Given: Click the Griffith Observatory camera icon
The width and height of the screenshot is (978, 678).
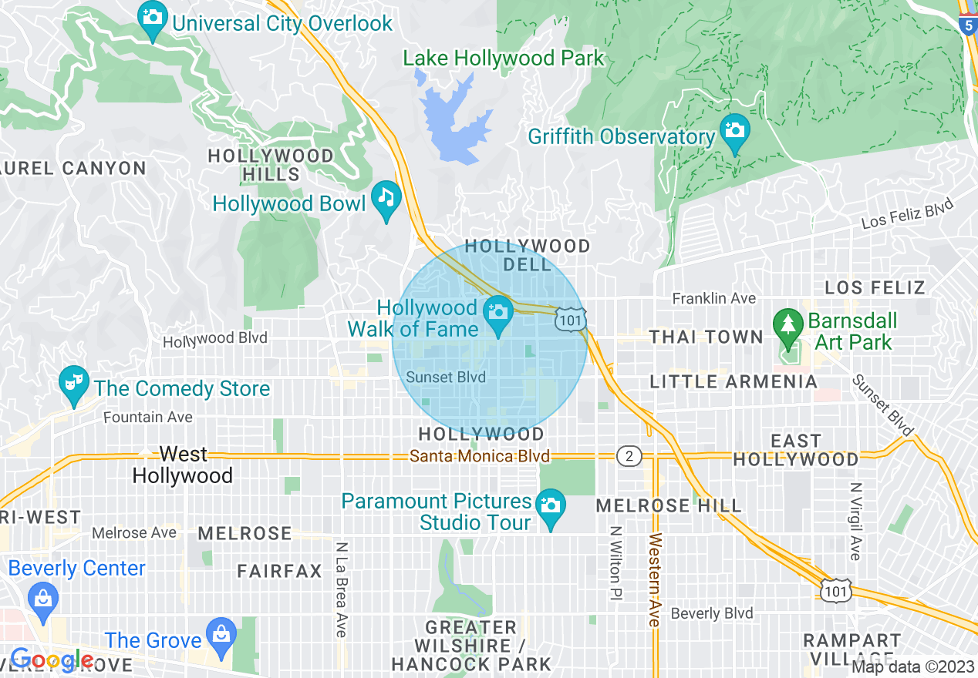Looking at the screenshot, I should pyautogui.click(x=734, y=129).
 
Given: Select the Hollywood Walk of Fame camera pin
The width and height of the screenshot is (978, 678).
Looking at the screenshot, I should pyautogui.click(x=498, y=312).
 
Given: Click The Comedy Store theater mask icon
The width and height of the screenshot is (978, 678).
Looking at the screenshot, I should pyautogui.click(x=74, y=381).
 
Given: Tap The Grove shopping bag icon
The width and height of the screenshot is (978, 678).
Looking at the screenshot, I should pyautogui.click(x=222, y=633).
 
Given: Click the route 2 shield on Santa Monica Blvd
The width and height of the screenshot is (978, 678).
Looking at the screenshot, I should pyautogui.click(x=629, y=457).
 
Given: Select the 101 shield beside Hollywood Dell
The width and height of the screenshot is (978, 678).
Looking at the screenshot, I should pyautogui.click(x=571, y=319).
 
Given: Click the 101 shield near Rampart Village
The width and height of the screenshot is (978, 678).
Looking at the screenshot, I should pyautogui.click(x=836, y=590).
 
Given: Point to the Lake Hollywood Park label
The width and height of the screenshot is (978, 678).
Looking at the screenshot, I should pyautogui.click(x=504, y=58).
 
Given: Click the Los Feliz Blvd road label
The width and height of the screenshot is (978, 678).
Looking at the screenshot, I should pyautogui.click(x=907, y=213).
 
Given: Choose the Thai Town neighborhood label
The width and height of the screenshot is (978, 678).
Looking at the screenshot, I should pyautogui.click(x=706, y=337).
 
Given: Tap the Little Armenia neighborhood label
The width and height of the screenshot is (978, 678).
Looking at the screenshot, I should pyautogui.click(x=733, y=381).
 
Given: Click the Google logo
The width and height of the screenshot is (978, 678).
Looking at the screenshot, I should pyautogui.click(x=51, y=660).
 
